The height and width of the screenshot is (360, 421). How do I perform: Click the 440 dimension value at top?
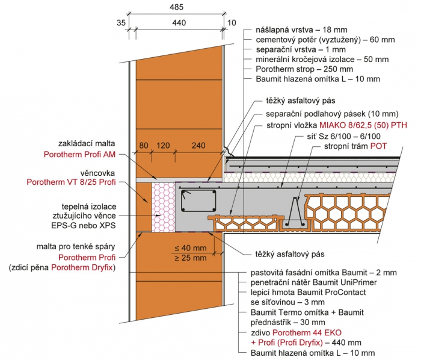179,22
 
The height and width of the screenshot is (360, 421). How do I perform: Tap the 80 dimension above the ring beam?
143,146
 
